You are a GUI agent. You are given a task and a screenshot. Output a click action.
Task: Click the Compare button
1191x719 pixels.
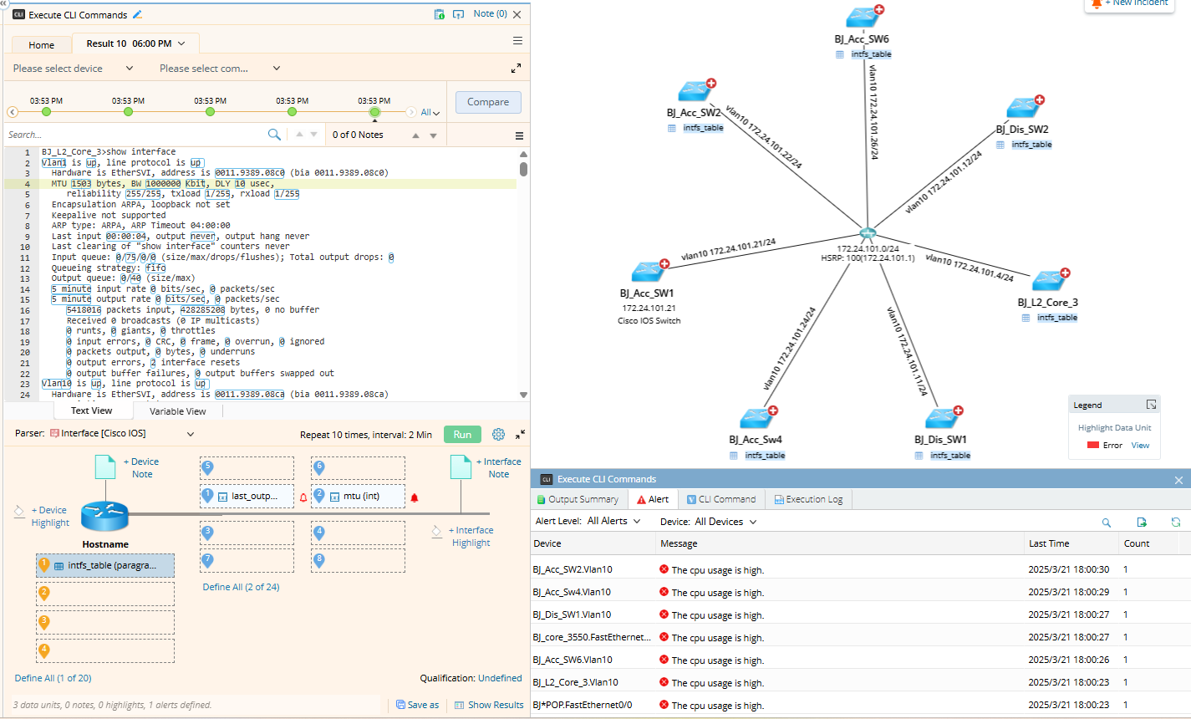click(488, 102)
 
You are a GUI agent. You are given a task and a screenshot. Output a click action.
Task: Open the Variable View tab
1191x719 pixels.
click(177, 411)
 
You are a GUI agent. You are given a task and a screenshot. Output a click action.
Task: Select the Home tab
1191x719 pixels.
click(41, 45)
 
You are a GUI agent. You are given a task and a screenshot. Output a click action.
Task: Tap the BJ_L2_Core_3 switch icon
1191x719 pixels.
click(1049, 281)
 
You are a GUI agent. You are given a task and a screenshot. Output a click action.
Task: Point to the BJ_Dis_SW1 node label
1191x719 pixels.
click(940, 440)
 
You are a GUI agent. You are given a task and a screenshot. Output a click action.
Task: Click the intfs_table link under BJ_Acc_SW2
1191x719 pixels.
click(703, 128)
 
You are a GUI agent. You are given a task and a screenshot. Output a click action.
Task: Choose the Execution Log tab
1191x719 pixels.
click(807, 499)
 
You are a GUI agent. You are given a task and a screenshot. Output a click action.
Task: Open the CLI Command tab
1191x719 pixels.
click(726, 499)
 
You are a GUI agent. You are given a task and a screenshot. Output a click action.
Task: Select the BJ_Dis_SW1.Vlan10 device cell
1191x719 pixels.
click(573, 614)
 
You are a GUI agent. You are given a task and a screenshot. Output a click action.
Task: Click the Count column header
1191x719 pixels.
click(1137, 543)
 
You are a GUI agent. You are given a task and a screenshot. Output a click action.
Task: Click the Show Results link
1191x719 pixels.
click(489, 705)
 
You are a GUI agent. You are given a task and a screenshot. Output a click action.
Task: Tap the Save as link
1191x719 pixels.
click(417, 705)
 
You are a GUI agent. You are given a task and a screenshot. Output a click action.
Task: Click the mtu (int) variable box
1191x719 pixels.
click(360, 496)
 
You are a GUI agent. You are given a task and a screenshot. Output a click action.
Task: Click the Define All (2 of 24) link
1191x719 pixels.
click(241, 587)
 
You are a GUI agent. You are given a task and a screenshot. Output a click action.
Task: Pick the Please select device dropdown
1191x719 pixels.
click(73, 69)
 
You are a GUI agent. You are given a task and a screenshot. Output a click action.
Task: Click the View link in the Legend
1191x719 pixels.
click(1140, 446)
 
